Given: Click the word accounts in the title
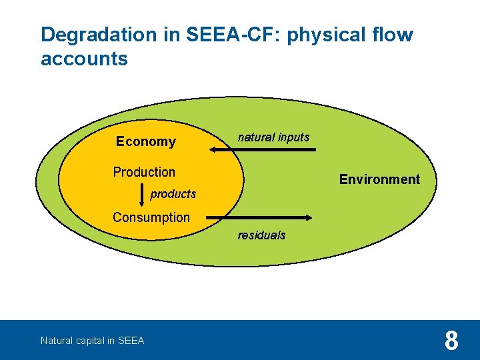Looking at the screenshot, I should [x=84, y=59].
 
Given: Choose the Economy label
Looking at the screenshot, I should [x=145, y=141].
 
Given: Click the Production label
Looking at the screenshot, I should [x=144, y=172].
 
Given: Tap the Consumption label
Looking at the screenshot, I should [x=151, y=217].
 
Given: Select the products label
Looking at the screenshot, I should [x=173, y=194].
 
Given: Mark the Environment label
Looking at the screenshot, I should [x=379, y=179].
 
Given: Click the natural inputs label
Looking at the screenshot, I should [x=273, y=137].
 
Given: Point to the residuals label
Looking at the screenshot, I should [x=261, y=235].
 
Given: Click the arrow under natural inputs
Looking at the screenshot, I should [x=263, y=150].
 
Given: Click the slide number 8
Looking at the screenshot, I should [x=451, y=341].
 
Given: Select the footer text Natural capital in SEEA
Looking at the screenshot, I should [x=92, y=341].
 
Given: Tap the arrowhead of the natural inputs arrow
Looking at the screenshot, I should [x=215, y=150].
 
